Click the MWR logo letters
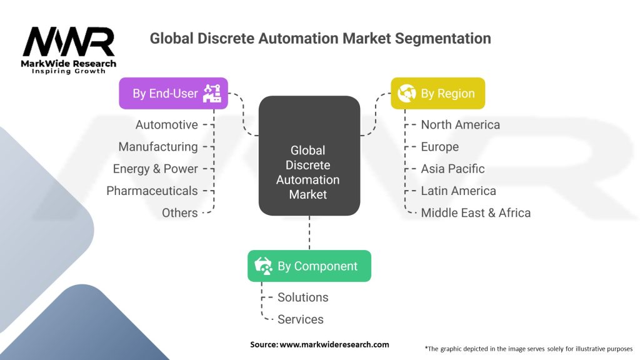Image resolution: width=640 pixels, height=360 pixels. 69,42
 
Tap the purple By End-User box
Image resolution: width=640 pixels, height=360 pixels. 174,94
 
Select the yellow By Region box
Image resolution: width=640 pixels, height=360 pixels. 438,94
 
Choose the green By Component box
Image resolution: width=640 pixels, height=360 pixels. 309,266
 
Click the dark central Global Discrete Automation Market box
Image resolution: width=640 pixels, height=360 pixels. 309,156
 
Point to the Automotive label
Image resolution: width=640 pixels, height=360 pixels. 166,124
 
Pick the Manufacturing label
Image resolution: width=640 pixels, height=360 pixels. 158,146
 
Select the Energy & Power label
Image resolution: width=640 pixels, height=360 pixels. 156,169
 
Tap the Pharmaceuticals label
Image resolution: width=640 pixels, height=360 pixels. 152,191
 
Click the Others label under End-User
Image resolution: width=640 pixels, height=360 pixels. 179,212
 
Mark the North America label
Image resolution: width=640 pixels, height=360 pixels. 461,124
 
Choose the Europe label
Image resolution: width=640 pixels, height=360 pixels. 439,146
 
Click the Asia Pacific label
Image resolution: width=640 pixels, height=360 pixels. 452,169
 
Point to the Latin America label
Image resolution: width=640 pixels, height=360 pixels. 458,191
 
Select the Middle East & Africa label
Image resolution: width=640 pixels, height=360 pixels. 476,212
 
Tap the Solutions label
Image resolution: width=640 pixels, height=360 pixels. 303,297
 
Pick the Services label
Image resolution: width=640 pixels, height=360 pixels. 301,319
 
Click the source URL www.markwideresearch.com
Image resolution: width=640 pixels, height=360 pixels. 334,344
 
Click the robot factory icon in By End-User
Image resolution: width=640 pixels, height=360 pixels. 212,93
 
